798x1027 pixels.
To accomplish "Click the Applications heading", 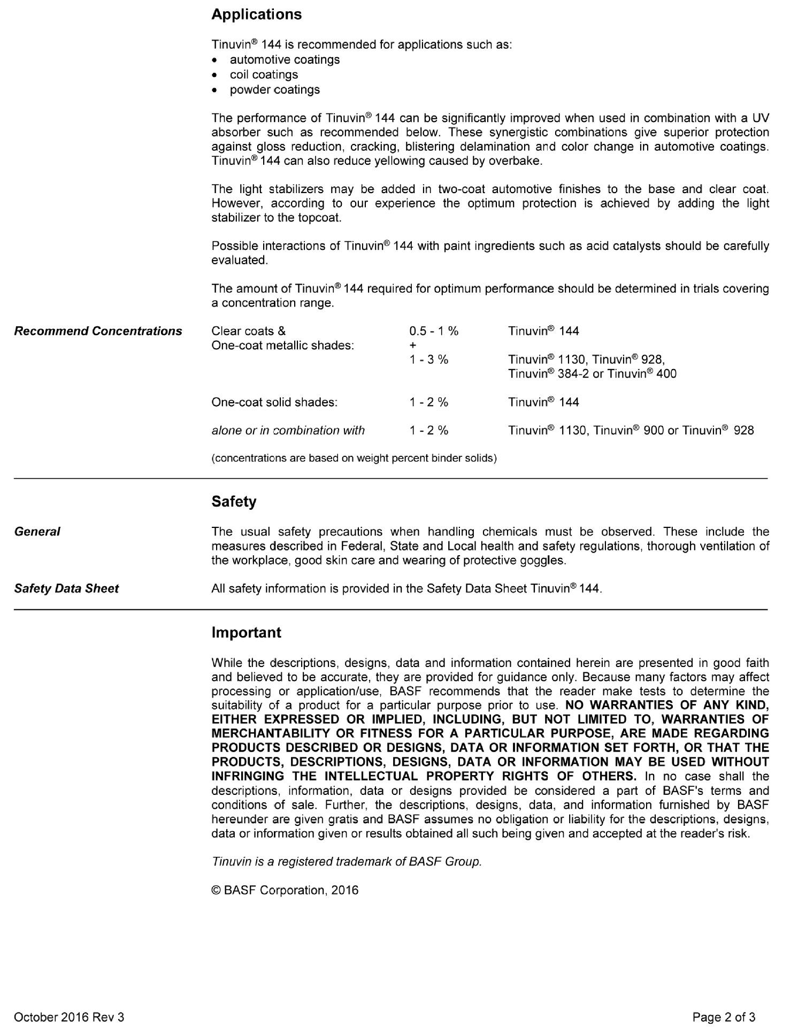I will (x=256, y=14).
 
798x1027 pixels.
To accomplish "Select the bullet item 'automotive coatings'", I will (x=285, y=60).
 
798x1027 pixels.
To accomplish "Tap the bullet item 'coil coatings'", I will (x=264, y=75).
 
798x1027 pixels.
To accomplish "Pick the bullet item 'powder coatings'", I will (x=274, y=90).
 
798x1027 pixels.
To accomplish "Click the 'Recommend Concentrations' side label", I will (x=98, y=331).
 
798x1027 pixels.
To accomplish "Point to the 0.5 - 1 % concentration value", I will (x=433, y=331).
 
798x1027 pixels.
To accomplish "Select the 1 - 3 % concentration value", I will (x=428, y=359).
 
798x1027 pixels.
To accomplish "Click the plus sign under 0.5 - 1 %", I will (x=413, y=346).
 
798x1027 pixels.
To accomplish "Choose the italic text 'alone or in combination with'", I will (x=288, y=431).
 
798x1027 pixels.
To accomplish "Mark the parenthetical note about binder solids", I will (x=354, y=458).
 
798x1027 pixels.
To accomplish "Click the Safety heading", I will (x=234, y=502).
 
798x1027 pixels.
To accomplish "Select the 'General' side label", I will (x=37, y=532).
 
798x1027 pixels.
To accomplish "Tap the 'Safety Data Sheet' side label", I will (x=66, y=589).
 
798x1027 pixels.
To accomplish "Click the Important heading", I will (x=246, y=633).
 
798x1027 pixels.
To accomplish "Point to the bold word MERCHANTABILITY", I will (x=271, y=734).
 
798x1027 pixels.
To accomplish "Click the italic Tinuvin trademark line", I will (x=347, y=862).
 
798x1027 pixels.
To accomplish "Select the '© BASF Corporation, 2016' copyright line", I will (x=285, y=890).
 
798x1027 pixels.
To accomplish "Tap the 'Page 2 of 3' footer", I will (x=724, y=1017).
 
